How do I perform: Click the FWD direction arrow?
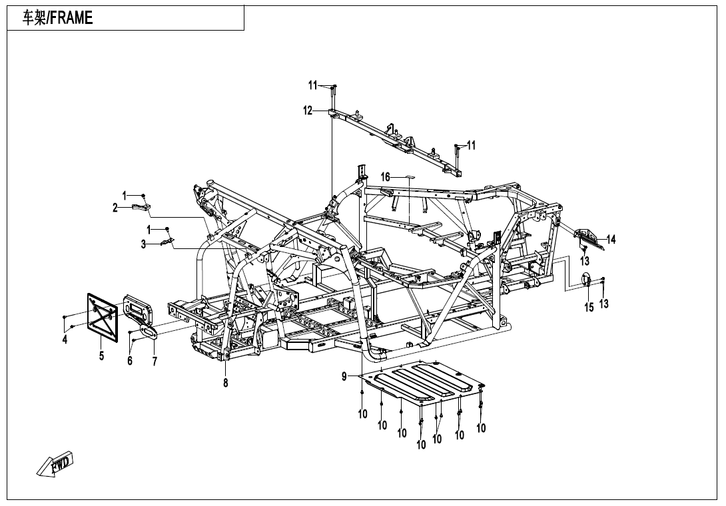pyautogui.click(x=55, y=464)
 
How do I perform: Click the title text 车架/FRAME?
pyautogui.click(x=58, y=19)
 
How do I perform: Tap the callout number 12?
pyautogui.click(x=308, y=111)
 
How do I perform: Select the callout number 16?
pyautogui.click(x=386, y=176)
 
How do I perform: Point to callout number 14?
pyautogui.click(x=611, y=239)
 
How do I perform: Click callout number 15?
pyautogui.click(x=589, y=307)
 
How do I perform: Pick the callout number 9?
pyautogui.click(x=344, y=377)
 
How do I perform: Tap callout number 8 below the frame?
pyautogui.click(x=226, y=383)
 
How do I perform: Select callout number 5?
pyautogui.click(x=101, y=356)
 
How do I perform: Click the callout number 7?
pyautogui.click(x=155, y=361)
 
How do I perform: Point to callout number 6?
pyautogui.click(x=130, y=361)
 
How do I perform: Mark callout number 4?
pyautogui.click(x=65, y=340)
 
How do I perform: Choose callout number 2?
pyautogui.click(x=115, y=208)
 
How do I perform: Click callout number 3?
pyautogui.click(x=143, y=244)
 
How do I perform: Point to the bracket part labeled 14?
pyautogui.click(x=589, y=236)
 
